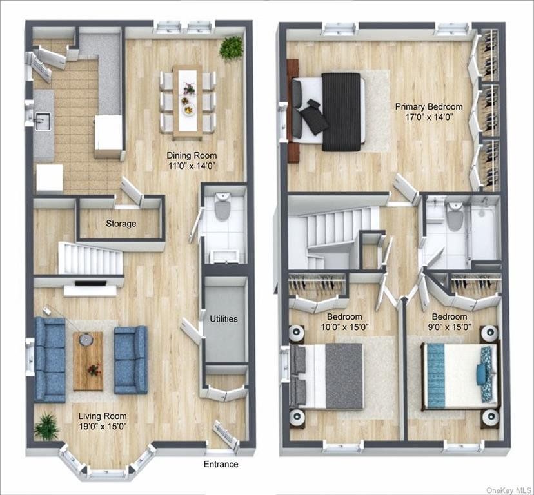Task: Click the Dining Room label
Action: click(x=192, y=155)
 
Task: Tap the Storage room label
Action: click(x=121, y=224)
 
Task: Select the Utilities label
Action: click(x=224, y=319)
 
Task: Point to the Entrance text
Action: click(x=221, y=464)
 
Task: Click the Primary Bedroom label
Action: click(x=429, y=106)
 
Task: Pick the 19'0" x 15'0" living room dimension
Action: click(x=103, y=427)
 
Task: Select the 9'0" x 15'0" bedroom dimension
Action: click(x=450, y=327)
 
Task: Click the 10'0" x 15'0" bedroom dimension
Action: click(x=344, y=327)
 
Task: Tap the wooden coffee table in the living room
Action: click(x=88, y=361)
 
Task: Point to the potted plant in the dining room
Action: click(x=232, y=47)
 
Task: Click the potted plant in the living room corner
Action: click(x=46, y=427)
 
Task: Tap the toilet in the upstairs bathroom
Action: click(x=454, y=216)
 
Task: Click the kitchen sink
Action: click(x=43, y=122)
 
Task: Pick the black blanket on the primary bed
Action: click(x=341, y=112)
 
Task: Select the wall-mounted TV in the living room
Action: click(x=90, y=283)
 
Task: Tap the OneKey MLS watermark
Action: click(x=509, y=490)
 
